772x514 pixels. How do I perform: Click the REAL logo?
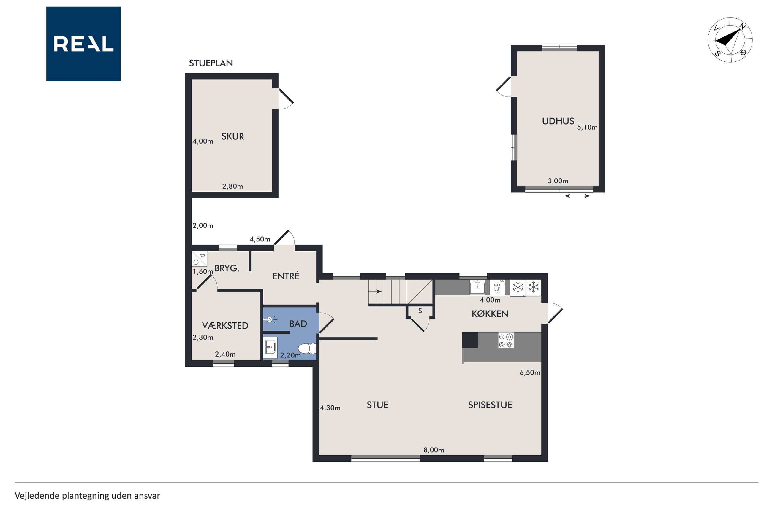(83, 44)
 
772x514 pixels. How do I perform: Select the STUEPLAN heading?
(211, 63)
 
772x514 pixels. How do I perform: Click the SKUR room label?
(232, 136)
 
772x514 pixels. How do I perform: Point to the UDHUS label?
(558, 121)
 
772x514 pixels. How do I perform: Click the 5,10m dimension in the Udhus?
(587, 127)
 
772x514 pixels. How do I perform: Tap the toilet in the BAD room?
(307, 348)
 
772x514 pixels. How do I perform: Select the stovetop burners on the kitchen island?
(506, 340)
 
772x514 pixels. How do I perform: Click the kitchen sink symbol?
(477, 287)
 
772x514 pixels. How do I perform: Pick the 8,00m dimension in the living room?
(434, 450)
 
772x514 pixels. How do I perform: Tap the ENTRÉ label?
(286, 276)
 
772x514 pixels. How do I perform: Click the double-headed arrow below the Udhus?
(577, 196)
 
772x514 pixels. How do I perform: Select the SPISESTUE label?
(490, 405)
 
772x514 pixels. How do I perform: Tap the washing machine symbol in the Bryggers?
(199, 259)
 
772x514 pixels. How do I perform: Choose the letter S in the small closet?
(420, 311)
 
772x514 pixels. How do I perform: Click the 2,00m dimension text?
(203, 225)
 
